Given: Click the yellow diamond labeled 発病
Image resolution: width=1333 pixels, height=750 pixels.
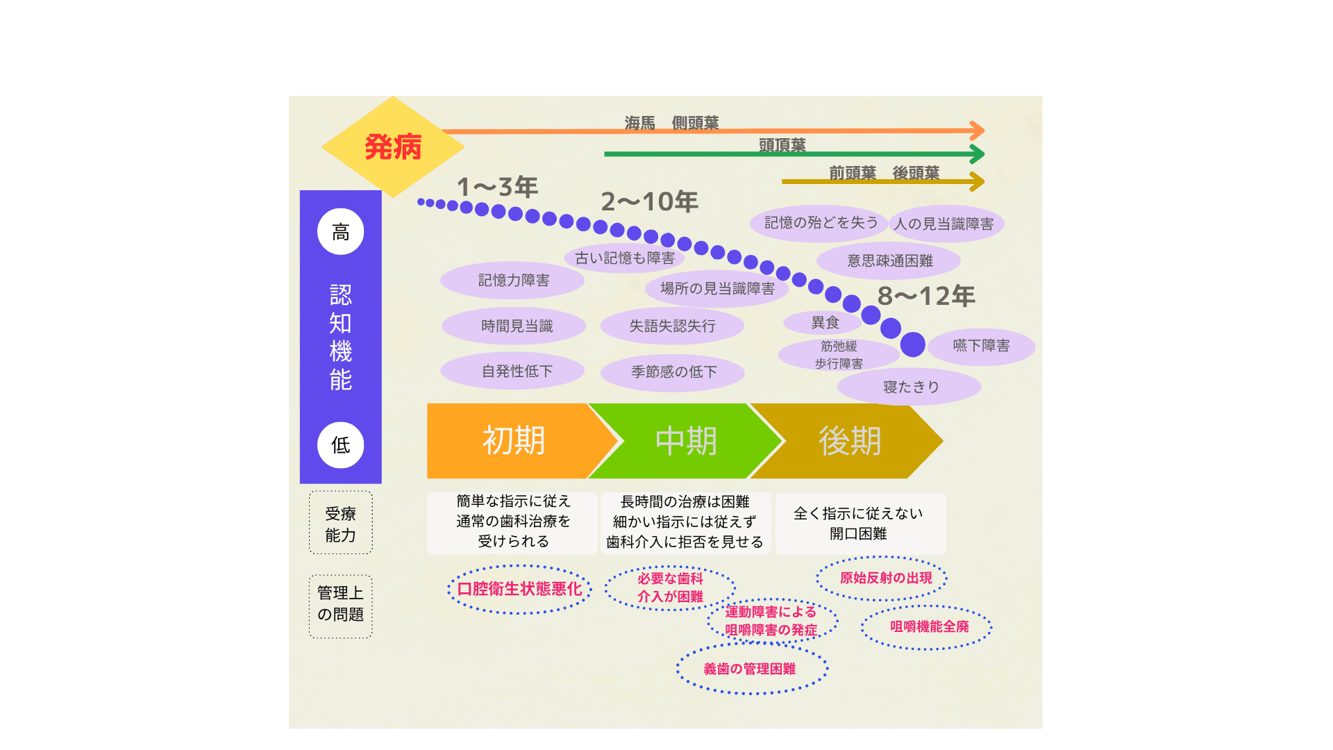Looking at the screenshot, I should pos(393,147).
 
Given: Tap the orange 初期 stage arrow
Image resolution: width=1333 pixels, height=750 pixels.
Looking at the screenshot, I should pos(514,441).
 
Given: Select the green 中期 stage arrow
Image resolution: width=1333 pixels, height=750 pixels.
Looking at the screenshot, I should pos(686,441).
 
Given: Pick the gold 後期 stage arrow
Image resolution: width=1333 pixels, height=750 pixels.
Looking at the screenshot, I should pos(850,441).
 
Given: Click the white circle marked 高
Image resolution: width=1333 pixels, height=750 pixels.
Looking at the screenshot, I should pos(340,232).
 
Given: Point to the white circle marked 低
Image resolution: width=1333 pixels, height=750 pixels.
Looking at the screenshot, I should pos(340,445).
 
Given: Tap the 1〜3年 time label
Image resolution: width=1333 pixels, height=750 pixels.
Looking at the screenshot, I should pos(497,187).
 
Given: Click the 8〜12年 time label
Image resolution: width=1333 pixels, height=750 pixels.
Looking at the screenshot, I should pos(926,297).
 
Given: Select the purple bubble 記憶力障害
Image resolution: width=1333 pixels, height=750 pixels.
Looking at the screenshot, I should pos(513,281).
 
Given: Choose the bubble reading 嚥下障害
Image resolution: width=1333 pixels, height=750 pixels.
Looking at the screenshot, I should pos(981,346).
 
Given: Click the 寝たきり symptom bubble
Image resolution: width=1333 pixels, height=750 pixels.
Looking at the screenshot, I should pos(909,387).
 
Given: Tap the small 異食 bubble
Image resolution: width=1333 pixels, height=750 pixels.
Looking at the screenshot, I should pos(825,323).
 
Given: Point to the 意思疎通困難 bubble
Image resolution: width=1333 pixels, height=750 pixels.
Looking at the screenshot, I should pos(889,261).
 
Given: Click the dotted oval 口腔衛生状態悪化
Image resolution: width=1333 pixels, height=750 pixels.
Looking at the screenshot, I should pos(519,590).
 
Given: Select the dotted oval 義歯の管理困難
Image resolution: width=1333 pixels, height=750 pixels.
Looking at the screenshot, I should pos(751,669).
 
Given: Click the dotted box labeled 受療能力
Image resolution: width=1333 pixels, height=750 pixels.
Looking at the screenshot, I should pos(340,524).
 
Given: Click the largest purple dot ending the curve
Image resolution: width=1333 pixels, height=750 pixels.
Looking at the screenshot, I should pos(912,344).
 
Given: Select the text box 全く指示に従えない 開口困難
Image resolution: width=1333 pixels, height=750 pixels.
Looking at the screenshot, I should pos(860,524).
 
